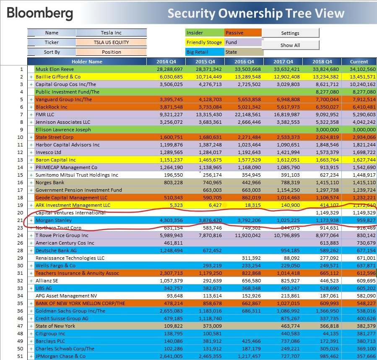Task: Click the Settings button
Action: (290, 33)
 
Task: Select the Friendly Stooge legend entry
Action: (205, 42)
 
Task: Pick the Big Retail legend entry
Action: (205, 52)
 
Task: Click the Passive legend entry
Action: (243, 33)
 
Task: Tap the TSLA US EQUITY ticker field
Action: (111, 42)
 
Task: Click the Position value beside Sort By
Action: (111, 52)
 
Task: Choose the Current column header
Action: (359, 62)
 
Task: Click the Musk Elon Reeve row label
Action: (54, 69)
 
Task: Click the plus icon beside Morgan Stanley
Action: (31, 220)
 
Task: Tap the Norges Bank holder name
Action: (49, 183)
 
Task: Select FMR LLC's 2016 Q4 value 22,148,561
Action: (249, 115)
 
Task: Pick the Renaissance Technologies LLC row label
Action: (70, 258)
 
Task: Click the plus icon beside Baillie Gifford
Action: (31, 77)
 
